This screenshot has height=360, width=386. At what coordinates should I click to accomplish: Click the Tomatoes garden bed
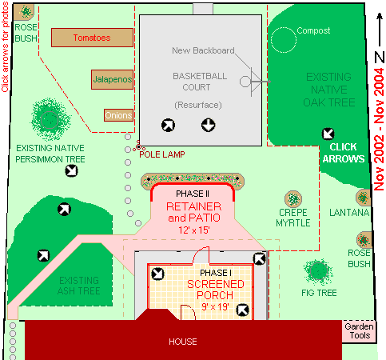pyautogui.click(x=92, y=38)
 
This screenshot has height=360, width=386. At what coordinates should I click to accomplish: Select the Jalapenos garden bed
pyautogui.click(x=112, y=79)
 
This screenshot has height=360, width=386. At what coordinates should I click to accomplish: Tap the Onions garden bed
pyautogui.click(x=118, y=115)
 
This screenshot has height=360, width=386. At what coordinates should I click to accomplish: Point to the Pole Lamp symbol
pyautogui.click(x=139, y=146)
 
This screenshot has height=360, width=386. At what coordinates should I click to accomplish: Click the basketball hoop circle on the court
pyautogui.click(x=245, y=82)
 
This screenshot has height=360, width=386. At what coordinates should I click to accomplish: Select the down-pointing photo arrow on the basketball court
pyautogui.click(x=208, y=125)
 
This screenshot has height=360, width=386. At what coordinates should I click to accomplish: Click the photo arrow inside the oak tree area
pyautogui.click(x=328, y=134)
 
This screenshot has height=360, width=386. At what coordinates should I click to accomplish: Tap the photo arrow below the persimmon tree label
pyautogui.click(x=72, y=170)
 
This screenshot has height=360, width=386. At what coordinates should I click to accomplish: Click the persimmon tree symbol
pyautogui.click(x=50, y=119)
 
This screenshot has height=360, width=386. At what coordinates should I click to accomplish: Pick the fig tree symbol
pyautogui.click(x=318, y=271)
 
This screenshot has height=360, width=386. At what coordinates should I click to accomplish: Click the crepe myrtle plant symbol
pyautogui.click(x=293, y=199)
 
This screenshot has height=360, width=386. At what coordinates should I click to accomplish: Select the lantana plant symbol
pyautogui.click(x=363, y=198)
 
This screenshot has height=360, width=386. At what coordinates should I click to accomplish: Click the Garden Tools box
pyautogui.click(x=359, y=331)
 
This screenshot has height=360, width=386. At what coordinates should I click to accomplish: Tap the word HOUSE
pyautogui.click(x=183, y=342)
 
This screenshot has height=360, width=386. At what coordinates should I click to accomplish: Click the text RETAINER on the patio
pyautogui.click(x=194, y=206)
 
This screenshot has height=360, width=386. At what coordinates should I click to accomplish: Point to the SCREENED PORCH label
pyautogui.click(x=215, y=290)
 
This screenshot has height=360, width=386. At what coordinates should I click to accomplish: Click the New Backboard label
pyautogui.click(x=203, y=50)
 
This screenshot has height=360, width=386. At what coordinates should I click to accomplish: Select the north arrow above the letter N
pyautogui.click(x=380, y=30)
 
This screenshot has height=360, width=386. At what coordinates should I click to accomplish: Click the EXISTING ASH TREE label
pyautogui.click(x=79, y=286)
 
